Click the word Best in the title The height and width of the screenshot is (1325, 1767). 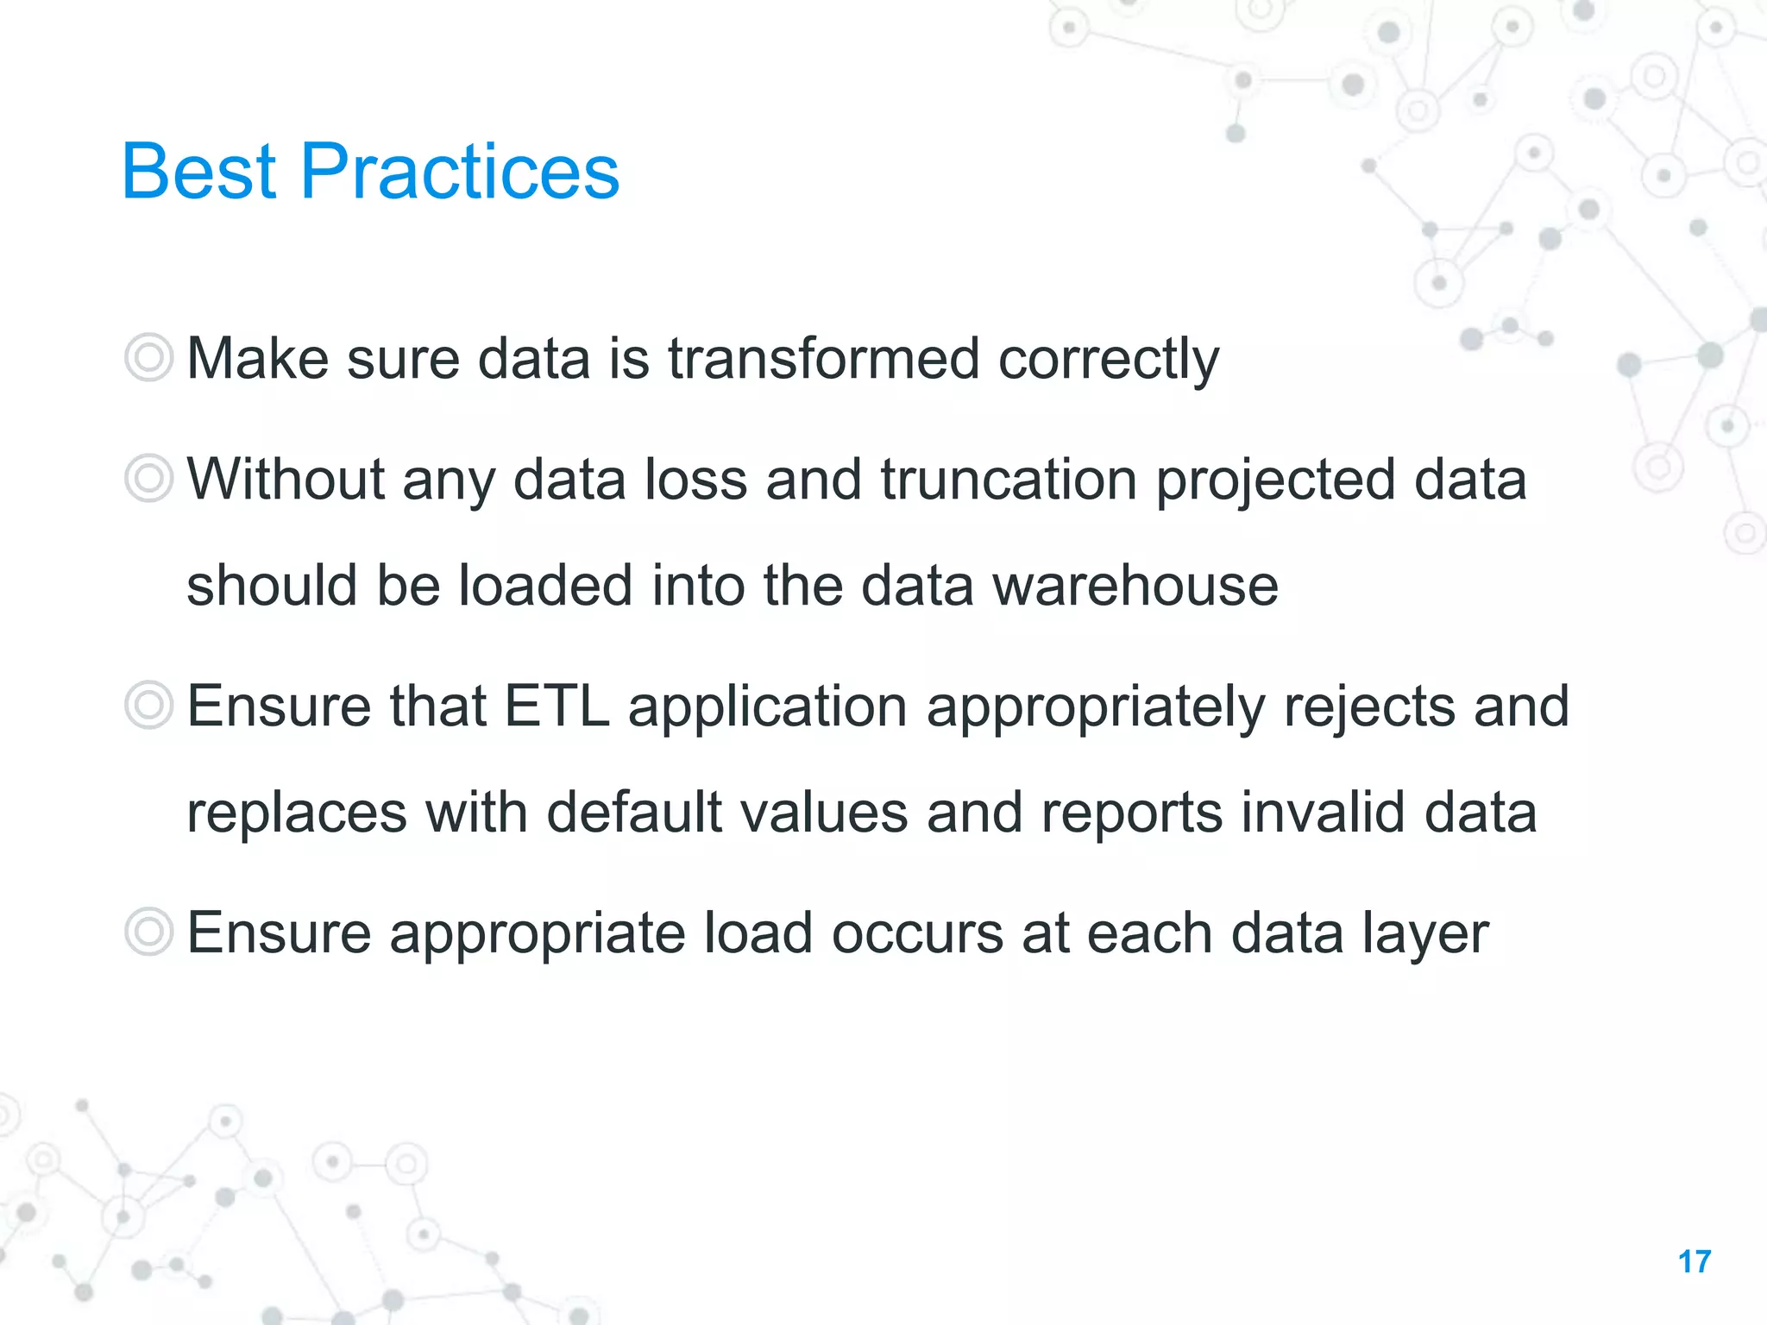point(199,172)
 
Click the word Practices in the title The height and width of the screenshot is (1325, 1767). point(460,172)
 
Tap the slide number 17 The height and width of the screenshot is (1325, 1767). point(1695,1262)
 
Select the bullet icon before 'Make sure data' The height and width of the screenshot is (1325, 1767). point(149,357)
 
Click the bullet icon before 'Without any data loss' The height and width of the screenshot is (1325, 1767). point(149,479)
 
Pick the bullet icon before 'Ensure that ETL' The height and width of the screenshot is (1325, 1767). point(149,705)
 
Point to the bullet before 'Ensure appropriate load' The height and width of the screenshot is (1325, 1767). point(149,932)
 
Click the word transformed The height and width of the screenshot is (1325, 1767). point(824,358)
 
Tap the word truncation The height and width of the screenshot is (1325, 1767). point(1009,480)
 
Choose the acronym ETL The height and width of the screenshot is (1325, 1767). point(557,706)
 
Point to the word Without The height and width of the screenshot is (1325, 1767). point(286,480)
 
